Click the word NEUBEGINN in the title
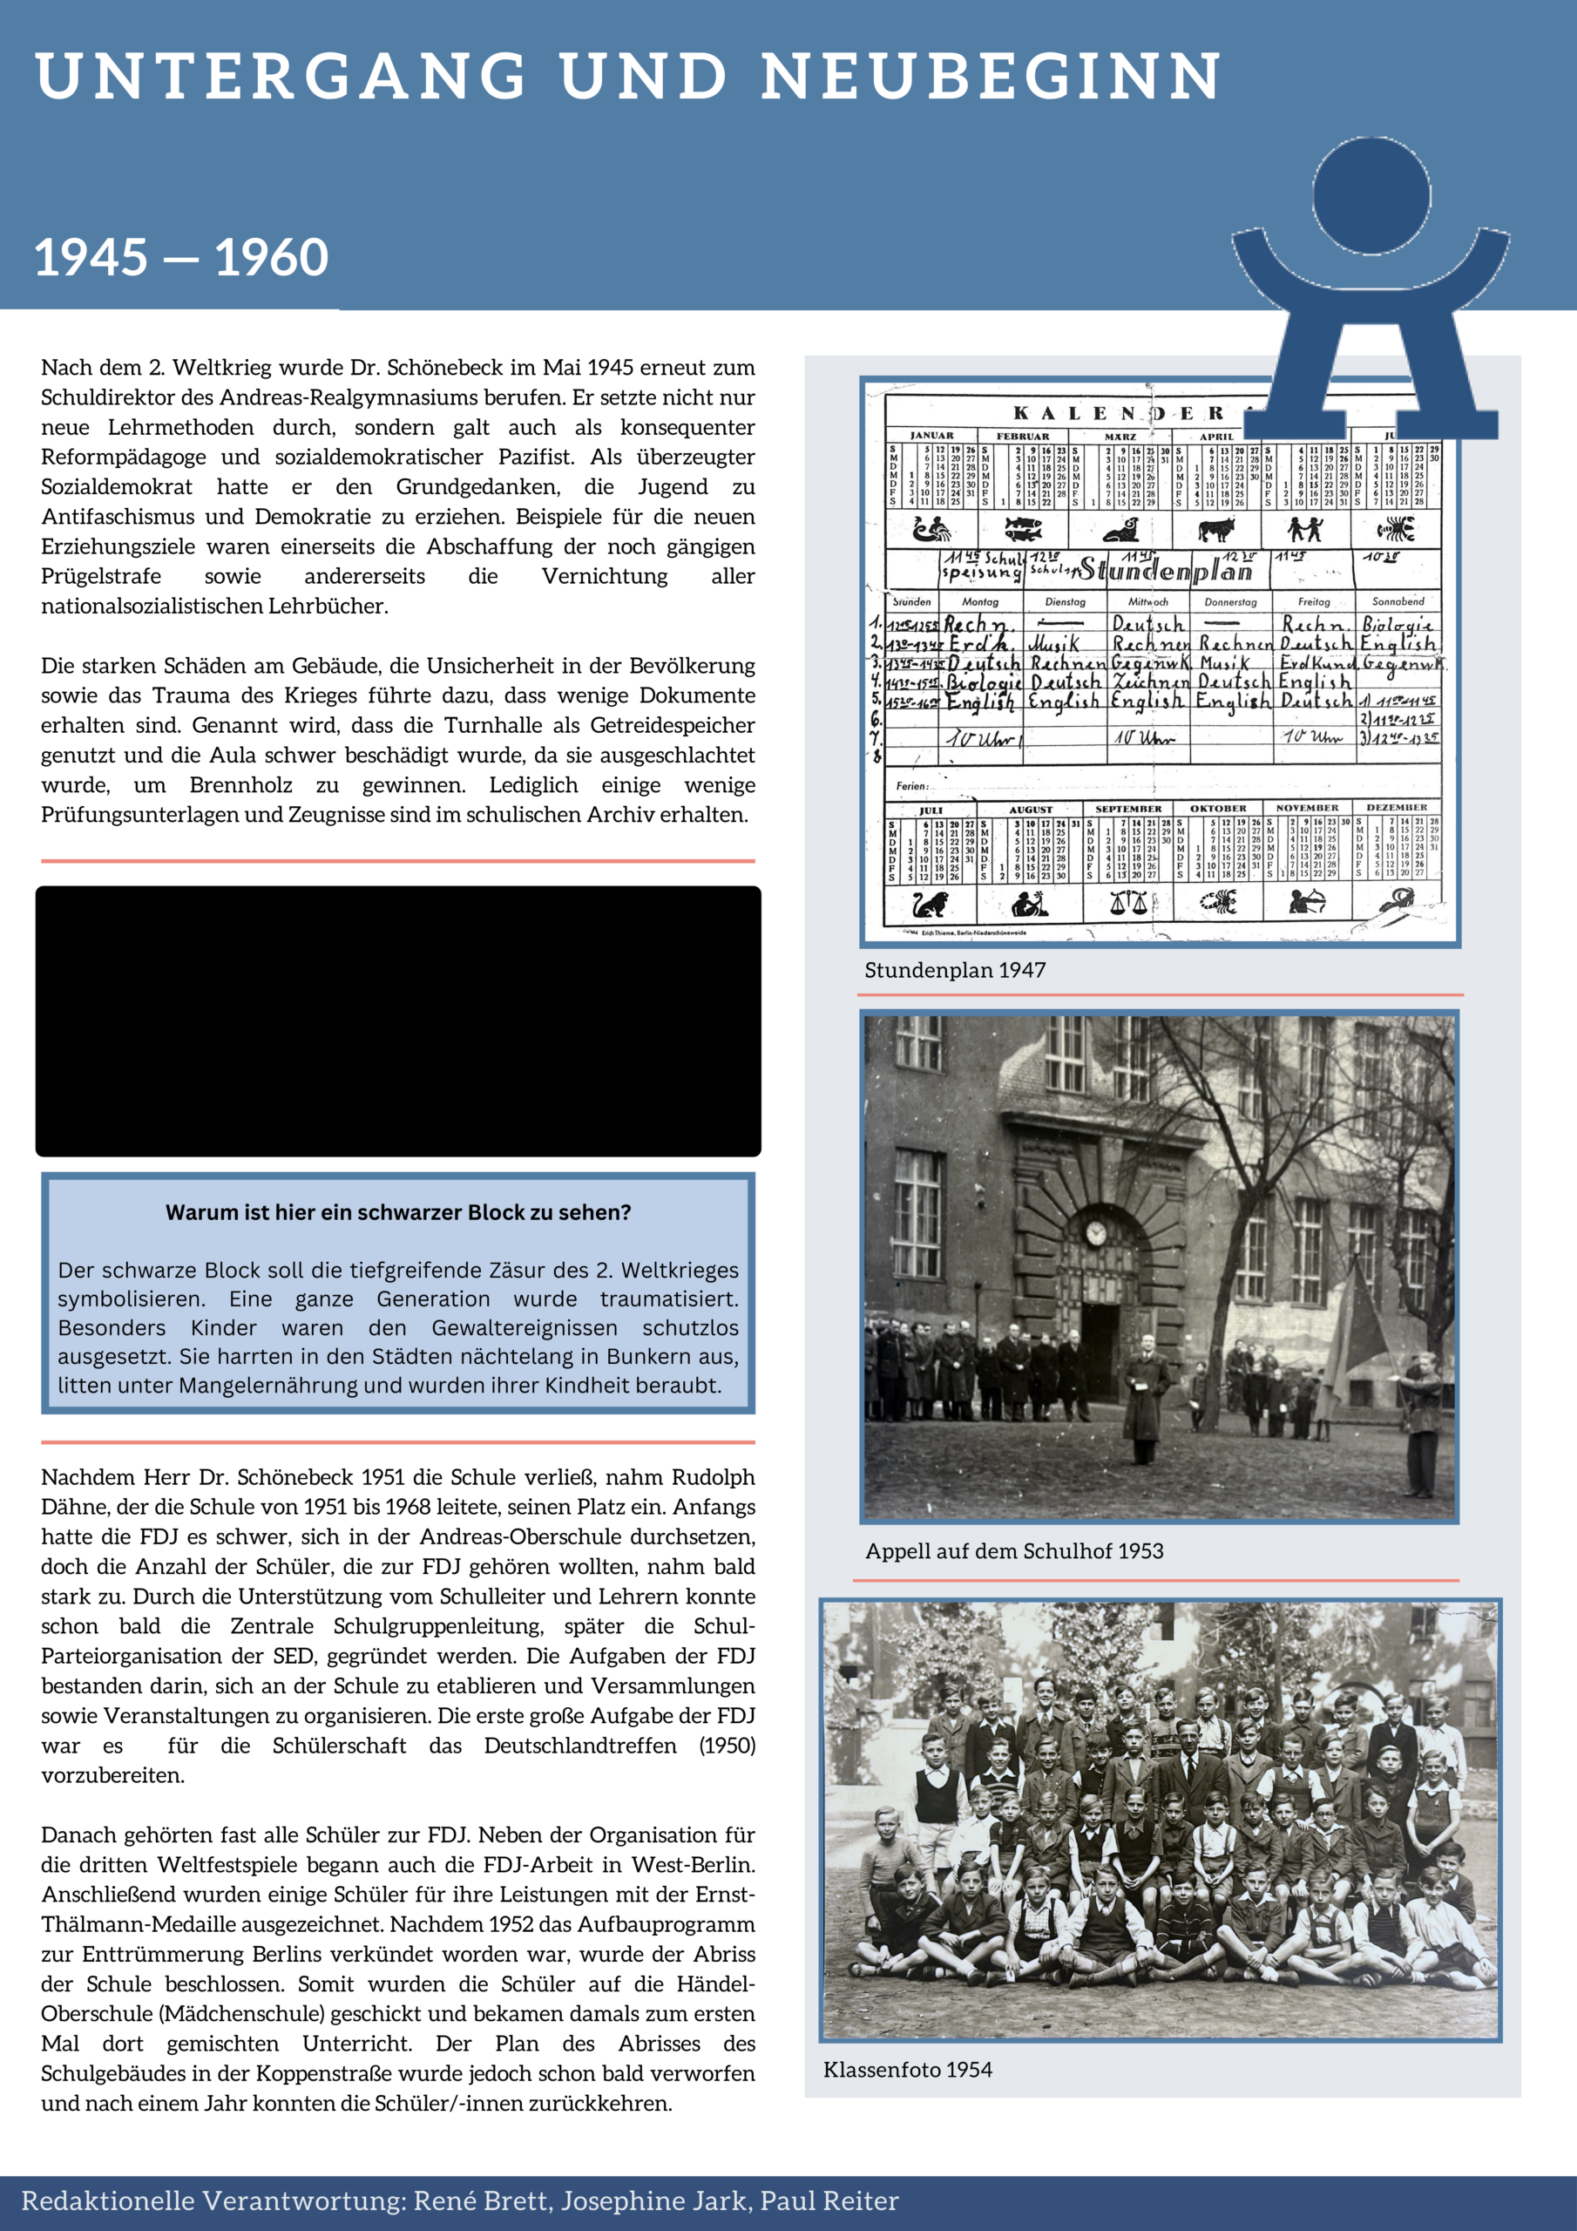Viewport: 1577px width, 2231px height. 992,77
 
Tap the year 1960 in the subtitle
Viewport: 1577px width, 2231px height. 271,257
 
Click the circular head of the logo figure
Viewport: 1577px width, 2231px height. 1371,195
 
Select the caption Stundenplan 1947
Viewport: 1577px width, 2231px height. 954,970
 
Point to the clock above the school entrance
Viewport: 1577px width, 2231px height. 1095,1233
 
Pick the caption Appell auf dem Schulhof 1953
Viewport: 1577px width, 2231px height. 1013,1552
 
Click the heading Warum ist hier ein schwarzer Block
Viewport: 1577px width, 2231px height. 398,1212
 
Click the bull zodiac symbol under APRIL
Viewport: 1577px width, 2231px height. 1215,530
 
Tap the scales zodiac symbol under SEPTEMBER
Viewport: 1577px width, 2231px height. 1128,903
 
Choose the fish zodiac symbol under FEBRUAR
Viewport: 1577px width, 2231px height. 1022,530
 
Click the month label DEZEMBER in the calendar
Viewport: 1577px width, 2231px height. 1397,808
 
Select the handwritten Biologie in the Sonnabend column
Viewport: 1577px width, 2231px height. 1398,624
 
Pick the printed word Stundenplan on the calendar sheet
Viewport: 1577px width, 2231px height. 1166,569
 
